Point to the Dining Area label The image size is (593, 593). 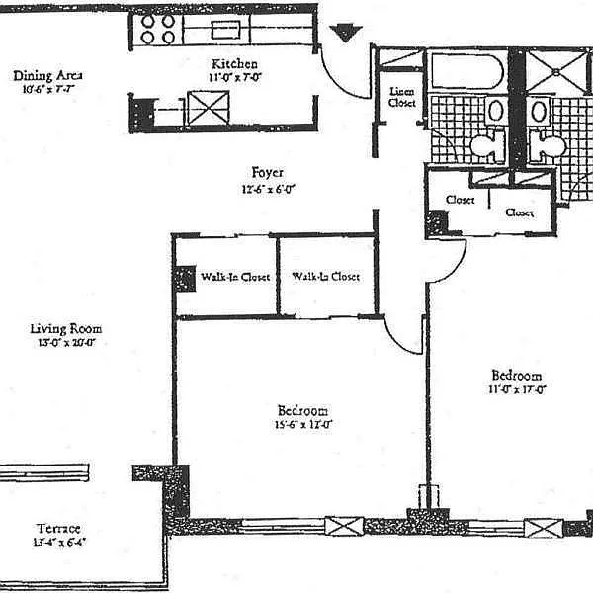coord(47,76)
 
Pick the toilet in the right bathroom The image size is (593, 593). coord(546,147)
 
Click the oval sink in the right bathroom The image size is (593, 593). coord(538,110)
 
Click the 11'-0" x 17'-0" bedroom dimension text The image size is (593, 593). coord(517,389)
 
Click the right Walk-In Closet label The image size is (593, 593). coord(324,276)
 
